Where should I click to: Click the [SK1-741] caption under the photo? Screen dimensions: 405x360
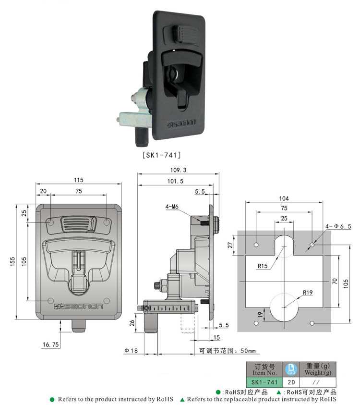[161, 155]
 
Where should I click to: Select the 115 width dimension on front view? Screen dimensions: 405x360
[79, 180]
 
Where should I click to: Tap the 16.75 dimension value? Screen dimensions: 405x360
[50, 344]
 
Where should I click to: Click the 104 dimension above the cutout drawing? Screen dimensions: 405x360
[284, 198]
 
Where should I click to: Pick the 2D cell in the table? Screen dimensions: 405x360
[291, 382]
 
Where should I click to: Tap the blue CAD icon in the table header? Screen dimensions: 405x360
[291, 369]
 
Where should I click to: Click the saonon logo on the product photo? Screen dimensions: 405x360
[180, 124]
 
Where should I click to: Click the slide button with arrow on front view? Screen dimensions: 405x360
[78, 224]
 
